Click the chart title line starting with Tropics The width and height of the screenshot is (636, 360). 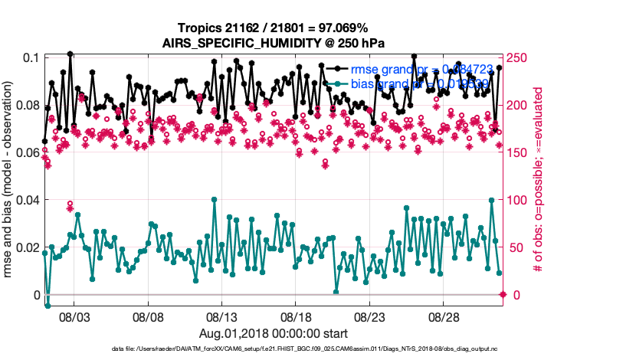(273, 28)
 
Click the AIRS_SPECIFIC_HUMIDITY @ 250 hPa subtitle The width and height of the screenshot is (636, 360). (273, 43)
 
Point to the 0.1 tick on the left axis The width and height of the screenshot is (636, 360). (31, 58)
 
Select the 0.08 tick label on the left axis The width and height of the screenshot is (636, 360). (25, 106)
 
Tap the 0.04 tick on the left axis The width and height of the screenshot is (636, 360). (25, 200)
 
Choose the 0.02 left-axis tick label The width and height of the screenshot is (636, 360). (25, 247)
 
